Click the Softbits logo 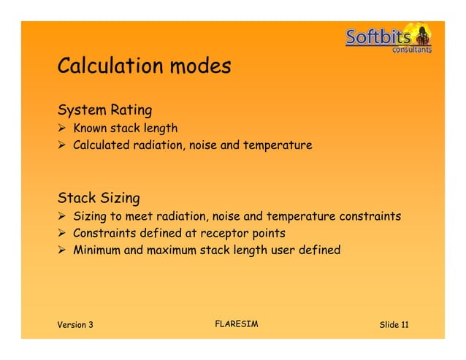point(388,37)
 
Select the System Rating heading point(104,111)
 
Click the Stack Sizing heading point(99,198)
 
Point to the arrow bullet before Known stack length point(63,129)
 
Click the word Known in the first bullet point(91,129)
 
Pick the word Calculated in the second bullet point(101,145)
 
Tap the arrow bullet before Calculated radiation point(63,145)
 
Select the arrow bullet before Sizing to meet point(63,216)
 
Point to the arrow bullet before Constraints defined point(63,233)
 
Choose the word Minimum point(96,250)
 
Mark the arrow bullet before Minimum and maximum point(63,250)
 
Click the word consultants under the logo point(411,50)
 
